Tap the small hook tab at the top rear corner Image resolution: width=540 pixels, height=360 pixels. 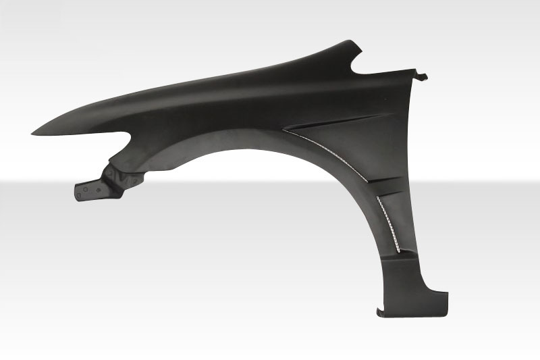click(x=425, y=76)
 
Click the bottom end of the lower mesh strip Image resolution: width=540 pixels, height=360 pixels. click(x=398, y=251)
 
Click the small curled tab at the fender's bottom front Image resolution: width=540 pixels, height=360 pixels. click(x=380, y=311)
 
